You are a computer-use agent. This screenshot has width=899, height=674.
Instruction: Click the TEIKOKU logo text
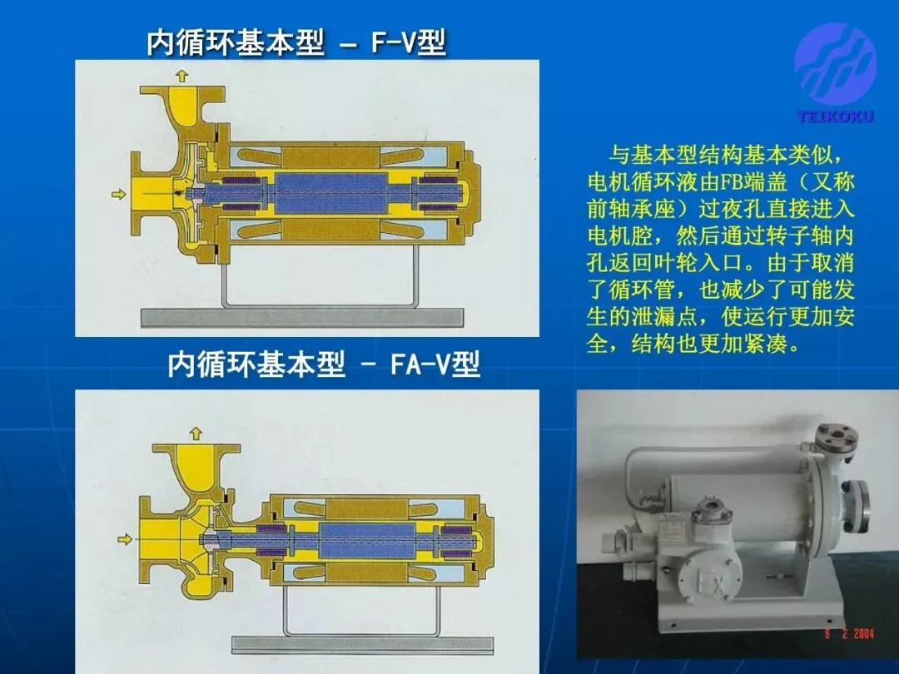(x=836, y=117)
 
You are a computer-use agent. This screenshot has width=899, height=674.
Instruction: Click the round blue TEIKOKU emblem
(x=836, y=63)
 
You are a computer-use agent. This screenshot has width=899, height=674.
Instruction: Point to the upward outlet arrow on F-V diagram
(x=181, y=75)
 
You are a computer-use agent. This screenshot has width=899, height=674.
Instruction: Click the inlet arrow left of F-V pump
(x=119, y=194)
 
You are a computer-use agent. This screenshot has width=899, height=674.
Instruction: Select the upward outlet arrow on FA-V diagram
(x=196, y=433)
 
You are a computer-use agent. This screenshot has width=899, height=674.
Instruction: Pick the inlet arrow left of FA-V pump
(x=124, y=538)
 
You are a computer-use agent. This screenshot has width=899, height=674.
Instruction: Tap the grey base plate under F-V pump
(x=302, y=318)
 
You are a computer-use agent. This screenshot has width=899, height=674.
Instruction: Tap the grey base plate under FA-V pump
(x=362, y=646)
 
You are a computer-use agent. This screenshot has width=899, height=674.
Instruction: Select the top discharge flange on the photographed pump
(x=837, y=437)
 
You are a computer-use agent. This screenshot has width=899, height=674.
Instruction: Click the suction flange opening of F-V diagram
(x=137, y=194)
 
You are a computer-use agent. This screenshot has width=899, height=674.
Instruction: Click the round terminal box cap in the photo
(x=711, y=508)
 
